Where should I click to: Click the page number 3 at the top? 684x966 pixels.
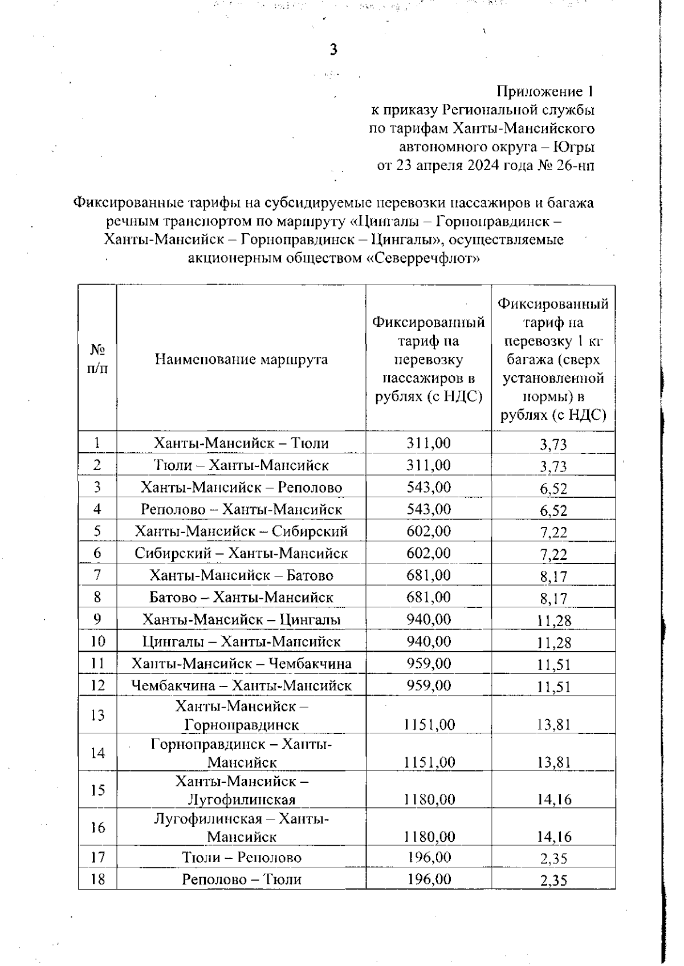pos(333,50)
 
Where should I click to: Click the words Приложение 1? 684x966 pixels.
pos(546,91)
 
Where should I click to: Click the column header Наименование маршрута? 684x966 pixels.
pos(241,359)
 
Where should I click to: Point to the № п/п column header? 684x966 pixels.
pos(97,359)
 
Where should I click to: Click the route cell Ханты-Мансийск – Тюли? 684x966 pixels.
pos(241,443)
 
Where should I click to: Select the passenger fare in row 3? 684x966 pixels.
pos(429,487)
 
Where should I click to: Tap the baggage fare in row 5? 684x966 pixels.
pos(553,533)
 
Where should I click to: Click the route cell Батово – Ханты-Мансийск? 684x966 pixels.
pos(241,597)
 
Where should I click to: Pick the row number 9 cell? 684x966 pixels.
pos(97,619)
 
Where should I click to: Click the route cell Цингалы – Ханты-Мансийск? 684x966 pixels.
pos(241,642)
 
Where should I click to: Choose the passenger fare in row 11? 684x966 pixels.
pos(429,663)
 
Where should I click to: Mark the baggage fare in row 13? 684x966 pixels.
pos(553,725)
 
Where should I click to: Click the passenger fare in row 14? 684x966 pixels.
pos(429,762)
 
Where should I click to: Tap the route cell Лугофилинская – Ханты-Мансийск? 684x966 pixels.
pos(241,827)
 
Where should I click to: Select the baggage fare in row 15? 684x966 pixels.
pos(553,799)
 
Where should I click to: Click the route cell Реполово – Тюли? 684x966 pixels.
pos(241,879)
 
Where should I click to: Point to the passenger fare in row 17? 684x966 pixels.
pos(429,857)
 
